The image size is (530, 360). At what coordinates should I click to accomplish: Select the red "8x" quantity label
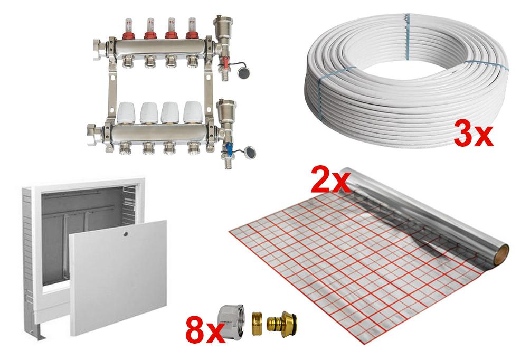point(205,330)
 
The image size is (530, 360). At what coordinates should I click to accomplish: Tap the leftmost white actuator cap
point(126,112)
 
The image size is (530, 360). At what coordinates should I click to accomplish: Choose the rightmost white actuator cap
point(193,112)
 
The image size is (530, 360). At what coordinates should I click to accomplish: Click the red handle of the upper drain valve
point(224,62)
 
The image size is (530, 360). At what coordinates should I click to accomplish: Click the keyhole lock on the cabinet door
point(126,233)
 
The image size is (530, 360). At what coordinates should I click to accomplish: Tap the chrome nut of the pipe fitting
point(231,322)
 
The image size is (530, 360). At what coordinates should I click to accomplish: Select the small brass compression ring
point(257,324)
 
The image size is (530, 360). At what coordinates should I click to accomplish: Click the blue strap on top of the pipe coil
point(407,36)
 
